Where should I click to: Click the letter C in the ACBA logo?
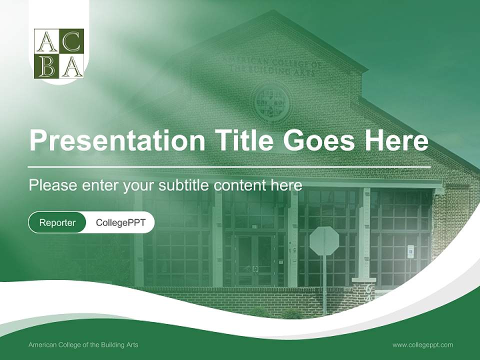point(71,41)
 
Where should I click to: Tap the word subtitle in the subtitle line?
point(185,185)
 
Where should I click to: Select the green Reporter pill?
point(57,222)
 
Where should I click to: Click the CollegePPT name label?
point(120,222)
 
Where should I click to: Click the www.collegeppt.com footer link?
point(422,344)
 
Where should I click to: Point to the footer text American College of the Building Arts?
point(83,344)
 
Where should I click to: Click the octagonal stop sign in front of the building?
point(324,240)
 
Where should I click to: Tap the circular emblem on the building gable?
point(270,102)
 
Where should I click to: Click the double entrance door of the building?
point(255,260)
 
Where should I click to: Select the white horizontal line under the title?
point(229,166)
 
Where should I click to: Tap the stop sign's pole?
point(324,285)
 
